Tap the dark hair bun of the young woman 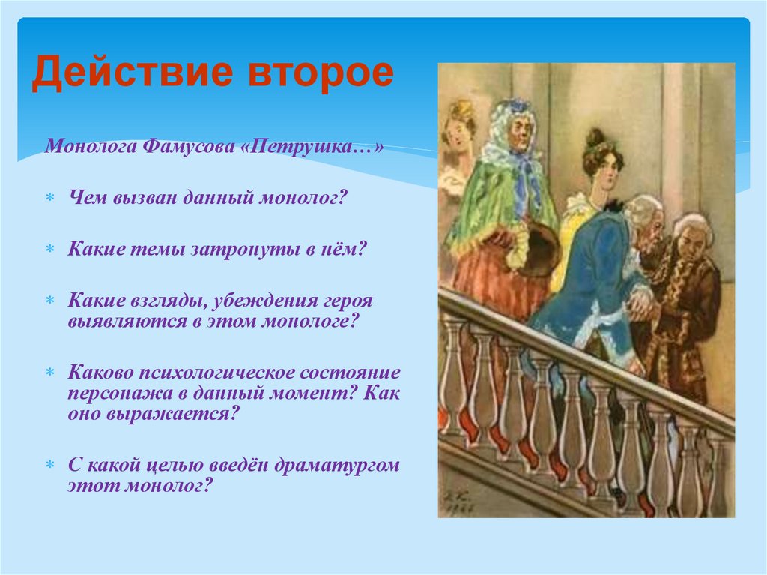click(596, 138)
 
